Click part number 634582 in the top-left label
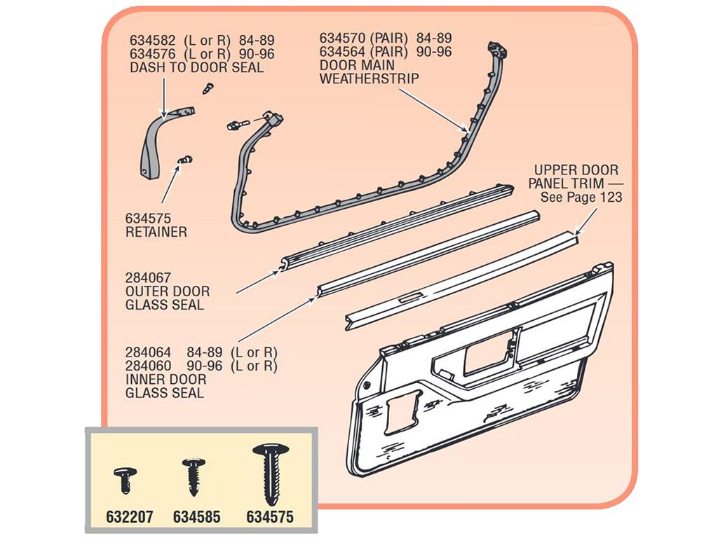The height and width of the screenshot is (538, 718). pos(152,40)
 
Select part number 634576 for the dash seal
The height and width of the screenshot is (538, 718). pos(152,54)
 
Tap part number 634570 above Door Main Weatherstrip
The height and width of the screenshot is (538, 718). pos(342,38)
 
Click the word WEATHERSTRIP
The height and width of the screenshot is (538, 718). pos(369,78)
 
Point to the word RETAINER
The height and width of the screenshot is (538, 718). pos(156,232)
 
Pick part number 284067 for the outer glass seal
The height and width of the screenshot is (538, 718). pos(148,277)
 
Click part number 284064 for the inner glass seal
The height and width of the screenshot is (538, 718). pos(148,353)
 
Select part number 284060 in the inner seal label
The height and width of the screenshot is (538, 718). pos(148,366)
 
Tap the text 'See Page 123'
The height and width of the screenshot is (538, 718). pos(581,197)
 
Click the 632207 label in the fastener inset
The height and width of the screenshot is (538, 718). pos(130,517)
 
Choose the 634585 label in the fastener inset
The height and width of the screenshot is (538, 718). pos(197,517)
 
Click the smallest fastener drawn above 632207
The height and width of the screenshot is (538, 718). pos(125,479)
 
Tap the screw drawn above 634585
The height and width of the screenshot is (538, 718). pos(194,476)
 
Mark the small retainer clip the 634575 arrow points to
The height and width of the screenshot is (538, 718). pos(184,160)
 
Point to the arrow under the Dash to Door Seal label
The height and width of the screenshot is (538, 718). pos(163,97)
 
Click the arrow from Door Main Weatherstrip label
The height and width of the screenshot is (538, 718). pos(434,110)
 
